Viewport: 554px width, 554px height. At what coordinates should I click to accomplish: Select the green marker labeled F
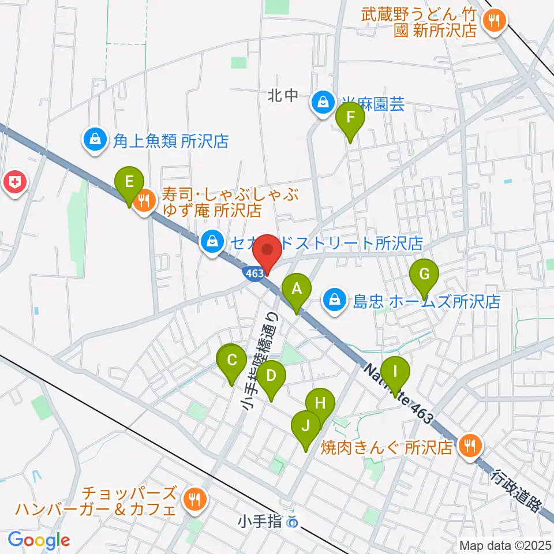click(350, 118)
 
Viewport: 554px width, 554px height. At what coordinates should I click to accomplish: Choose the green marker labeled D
click(271, 377)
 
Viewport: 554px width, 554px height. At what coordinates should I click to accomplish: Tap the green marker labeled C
click(232, 362)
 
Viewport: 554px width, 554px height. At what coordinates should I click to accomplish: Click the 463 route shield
click(255, 272)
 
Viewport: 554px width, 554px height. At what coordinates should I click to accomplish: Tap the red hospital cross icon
click(15, 183)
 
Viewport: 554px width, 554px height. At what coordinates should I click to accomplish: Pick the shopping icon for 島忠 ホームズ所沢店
click(334, 299)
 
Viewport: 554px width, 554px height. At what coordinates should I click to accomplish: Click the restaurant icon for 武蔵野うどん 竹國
click(495, 21)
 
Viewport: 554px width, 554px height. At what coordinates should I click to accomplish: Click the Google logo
click(39, 541)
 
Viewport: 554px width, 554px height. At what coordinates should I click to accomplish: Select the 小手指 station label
click(260, 522)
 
